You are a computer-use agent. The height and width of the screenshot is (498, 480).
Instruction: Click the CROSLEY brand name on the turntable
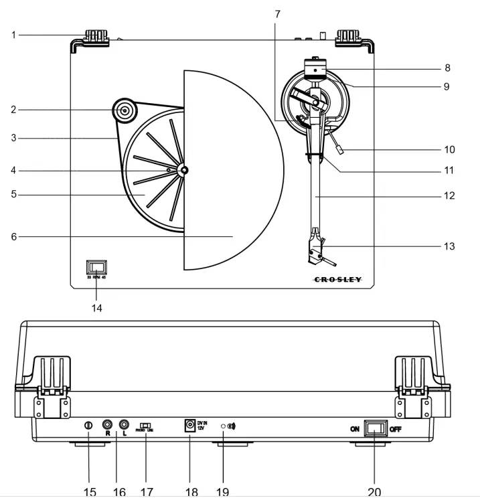click(x=338, y=280)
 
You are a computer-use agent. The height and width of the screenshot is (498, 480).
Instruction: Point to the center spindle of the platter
click(x=182, y=171)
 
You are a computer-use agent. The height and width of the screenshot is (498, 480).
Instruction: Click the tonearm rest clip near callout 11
click(x=314, y=155)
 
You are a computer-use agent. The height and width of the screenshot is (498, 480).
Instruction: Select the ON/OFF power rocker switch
click(x=375, y=428)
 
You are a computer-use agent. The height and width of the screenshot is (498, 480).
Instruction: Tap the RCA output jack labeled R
click(x=106, y=424)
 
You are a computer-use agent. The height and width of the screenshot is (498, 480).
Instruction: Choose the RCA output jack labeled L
click(x=124, y=424)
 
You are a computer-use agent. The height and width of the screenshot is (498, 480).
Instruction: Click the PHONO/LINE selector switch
click(x=145, y=425)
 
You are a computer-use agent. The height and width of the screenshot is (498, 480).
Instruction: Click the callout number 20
click(x=374, y=492)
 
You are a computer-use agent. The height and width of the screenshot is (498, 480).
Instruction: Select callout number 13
click(x=449, y=246)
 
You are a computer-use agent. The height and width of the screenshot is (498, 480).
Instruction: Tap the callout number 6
click(x=14, y=236)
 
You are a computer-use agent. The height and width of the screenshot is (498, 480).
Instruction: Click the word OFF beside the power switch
click(x=396, y=429)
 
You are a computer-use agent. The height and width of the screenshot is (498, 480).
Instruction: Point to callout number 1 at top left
click(x=14, y=35)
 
